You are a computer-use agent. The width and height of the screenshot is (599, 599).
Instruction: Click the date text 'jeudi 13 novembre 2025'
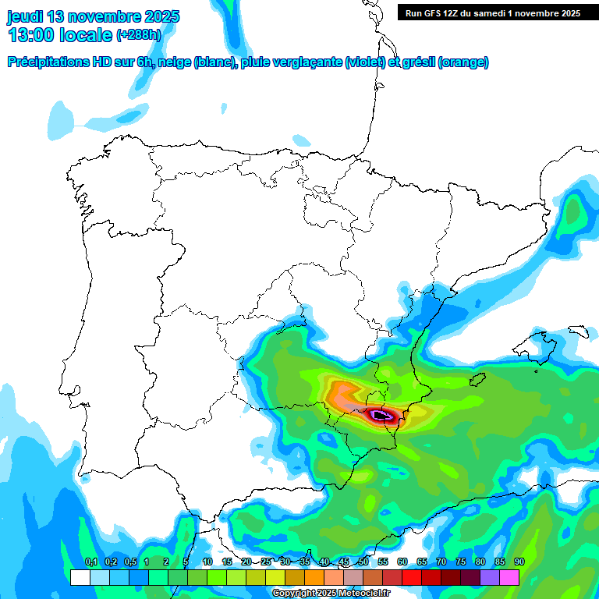[94, 16]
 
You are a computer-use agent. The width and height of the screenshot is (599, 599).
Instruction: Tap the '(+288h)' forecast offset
[139, 35]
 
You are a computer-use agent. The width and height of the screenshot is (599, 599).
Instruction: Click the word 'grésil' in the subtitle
[414, 62]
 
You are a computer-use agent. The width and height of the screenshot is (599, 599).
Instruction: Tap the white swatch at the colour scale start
[80, 577]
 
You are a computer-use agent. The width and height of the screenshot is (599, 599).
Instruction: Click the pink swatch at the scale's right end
[509, 577]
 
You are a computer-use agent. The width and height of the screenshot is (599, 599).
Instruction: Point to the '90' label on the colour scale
[519, 562]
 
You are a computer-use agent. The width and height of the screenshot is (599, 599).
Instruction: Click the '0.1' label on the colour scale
[90, 562]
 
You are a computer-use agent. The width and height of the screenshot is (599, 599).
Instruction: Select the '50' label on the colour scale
[363, 562]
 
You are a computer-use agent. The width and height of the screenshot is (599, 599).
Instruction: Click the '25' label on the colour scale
[266, 562]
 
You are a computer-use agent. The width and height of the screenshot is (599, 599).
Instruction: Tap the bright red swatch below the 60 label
[412, 577]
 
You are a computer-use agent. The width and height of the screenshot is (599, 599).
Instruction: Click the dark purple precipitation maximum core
[381, 415]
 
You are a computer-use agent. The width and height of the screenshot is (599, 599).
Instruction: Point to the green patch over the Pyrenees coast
[576, 211]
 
